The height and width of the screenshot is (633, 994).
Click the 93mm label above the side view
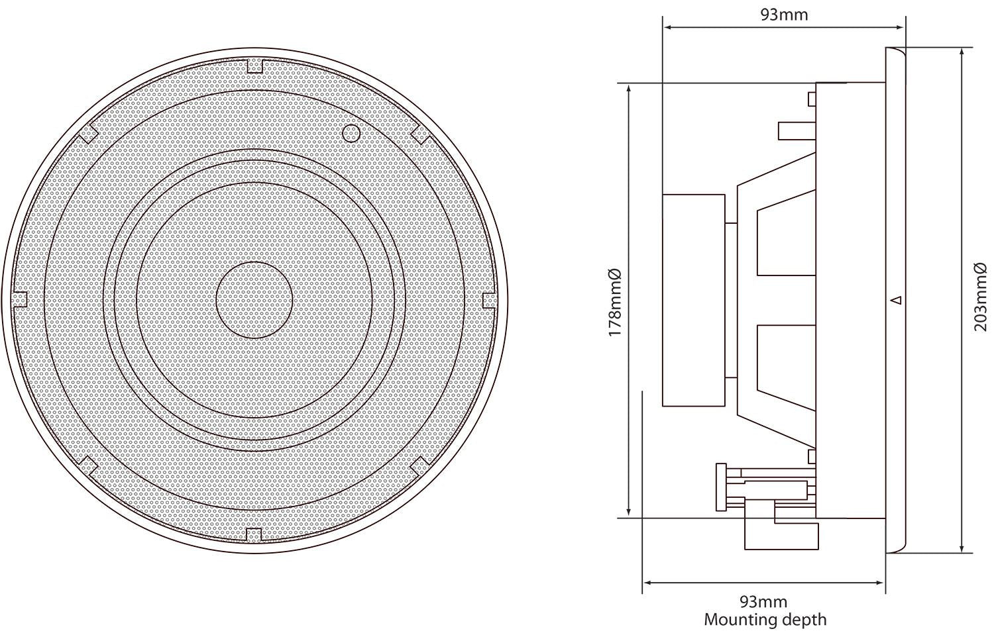point(784,14)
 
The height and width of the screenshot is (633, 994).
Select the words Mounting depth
point(765,620)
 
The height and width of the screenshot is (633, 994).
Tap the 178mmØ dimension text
point(614,301)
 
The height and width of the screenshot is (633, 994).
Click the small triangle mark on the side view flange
point(896,300)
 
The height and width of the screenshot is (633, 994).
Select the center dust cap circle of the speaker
point(254,300)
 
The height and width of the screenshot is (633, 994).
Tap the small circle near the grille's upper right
point(351,132)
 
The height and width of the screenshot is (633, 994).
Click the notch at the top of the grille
point(254,66)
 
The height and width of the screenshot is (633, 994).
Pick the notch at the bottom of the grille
point(254,534)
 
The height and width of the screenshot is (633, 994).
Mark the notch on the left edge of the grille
point(21,300)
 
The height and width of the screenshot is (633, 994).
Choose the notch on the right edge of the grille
point(488,300)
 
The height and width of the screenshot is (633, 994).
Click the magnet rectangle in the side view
point(693,299)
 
